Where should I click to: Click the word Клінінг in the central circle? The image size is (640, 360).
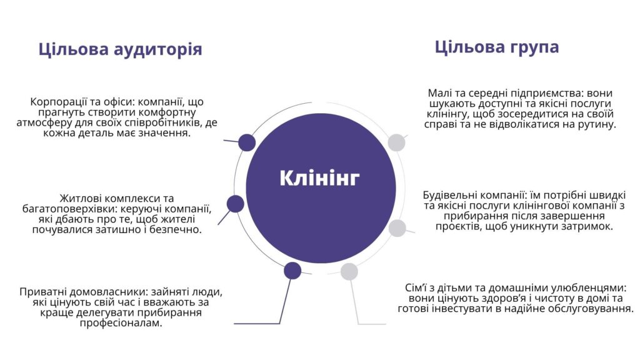tap(319, 178)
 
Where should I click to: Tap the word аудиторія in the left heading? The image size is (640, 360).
tap(157, 49)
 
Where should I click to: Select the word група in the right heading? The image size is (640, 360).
tap(534, 47)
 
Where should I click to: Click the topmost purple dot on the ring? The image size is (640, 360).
tap(247, 142)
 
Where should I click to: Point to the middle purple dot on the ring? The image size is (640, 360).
tap(236, 204)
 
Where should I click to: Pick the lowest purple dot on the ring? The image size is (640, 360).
tap(292, 271)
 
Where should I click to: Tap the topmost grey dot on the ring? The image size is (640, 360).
tap(396, 142)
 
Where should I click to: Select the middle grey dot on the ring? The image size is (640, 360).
tap(397, 228)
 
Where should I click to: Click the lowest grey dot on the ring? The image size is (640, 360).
tap(349, 271)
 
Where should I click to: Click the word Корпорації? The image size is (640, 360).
tap(56, 102)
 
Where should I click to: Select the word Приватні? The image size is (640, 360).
tap(43, 292)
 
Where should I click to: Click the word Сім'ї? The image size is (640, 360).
tap(416, 287)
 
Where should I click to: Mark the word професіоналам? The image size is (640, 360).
tap(121, 323)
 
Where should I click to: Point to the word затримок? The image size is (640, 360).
tap(588, 226)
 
